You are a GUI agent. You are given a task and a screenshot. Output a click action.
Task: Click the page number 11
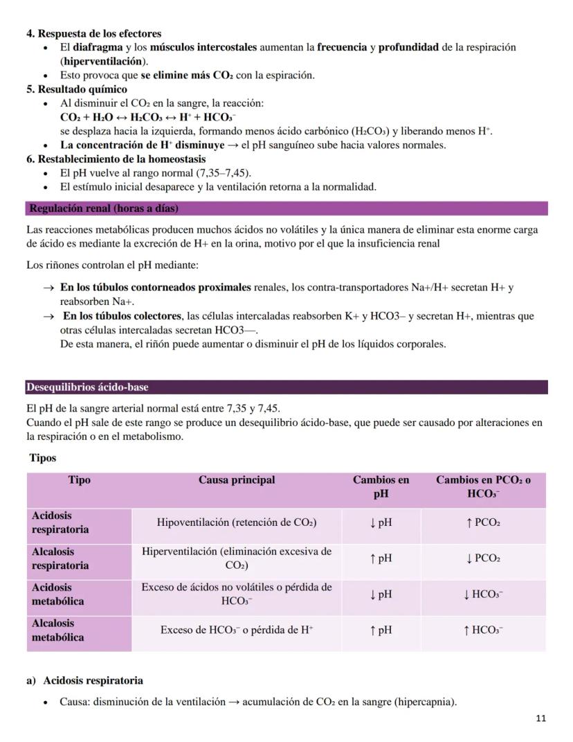(x=540, y=718)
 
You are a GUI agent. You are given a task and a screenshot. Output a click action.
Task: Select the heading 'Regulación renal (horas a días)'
(x=104, y=209)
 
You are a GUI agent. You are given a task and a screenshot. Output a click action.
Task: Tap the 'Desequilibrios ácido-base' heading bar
(x=87, y=387)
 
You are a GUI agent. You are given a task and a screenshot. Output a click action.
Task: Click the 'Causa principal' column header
(x=237, y=480)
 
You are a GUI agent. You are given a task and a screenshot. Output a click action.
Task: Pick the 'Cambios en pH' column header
(x=381, y=487)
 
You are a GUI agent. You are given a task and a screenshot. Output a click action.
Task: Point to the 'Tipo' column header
(x=80, y=480)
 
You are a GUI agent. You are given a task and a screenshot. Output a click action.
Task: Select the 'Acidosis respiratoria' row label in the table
(x=60, y=522)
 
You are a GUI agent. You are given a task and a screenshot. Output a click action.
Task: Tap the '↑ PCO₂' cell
(x=483, y=523)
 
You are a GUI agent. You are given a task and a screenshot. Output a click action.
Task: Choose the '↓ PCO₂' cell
(x=483, y=558)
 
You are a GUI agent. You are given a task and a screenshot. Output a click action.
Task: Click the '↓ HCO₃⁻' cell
(x=483, y=594)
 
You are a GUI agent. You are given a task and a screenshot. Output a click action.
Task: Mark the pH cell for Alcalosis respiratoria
(x=381, y=558)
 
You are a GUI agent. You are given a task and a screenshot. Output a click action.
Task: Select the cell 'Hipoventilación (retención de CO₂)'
(x=237, y=523)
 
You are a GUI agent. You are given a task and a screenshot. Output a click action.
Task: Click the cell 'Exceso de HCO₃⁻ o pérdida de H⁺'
(x=237, y=630)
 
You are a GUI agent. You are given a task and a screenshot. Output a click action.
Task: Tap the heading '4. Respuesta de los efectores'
(x=93, y=33)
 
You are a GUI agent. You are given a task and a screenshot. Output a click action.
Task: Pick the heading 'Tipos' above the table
(x=43, y=458)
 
